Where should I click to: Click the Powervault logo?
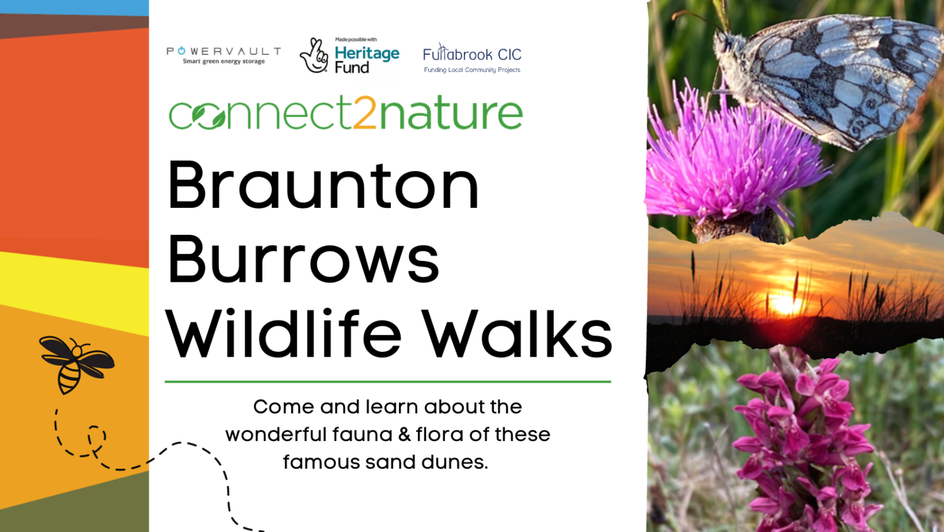(x=224, y=55)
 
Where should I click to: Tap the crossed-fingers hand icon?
(x=314, y=56)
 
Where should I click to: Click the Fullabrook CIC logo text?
(x=472, y=54)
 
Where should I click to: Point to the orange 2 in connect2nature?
(x=364, y=113)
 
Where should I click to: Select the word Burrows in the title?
(x=304, y=259)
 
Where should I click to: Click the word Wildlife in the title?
(x=283, y=333)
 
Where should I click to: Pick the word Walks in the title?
(x=517, y=333)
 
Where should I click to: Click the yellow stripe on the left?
(x=74, y=291)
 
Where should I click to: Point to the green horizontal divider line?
(x=388, y=382)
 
